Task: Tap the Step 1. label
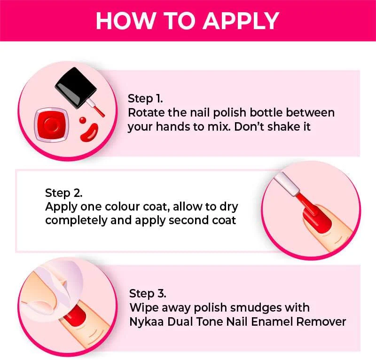coord(145,99)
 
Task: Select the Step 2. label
coord(63,193)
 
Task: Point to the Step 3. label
coord(148,294)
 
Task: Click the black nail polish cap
coord(76,87)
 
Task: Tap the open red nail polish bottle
coord(52,125)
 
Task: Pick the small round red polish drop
coord(83,120)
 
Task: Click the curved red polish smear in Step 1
coord(89,132)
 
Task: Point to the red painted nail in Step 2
coord(318,219)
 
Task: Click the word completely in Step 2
coord(76,221)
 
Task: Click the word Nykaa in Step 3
coord(147,322)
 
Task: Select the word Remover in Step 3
coord(321,321)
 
